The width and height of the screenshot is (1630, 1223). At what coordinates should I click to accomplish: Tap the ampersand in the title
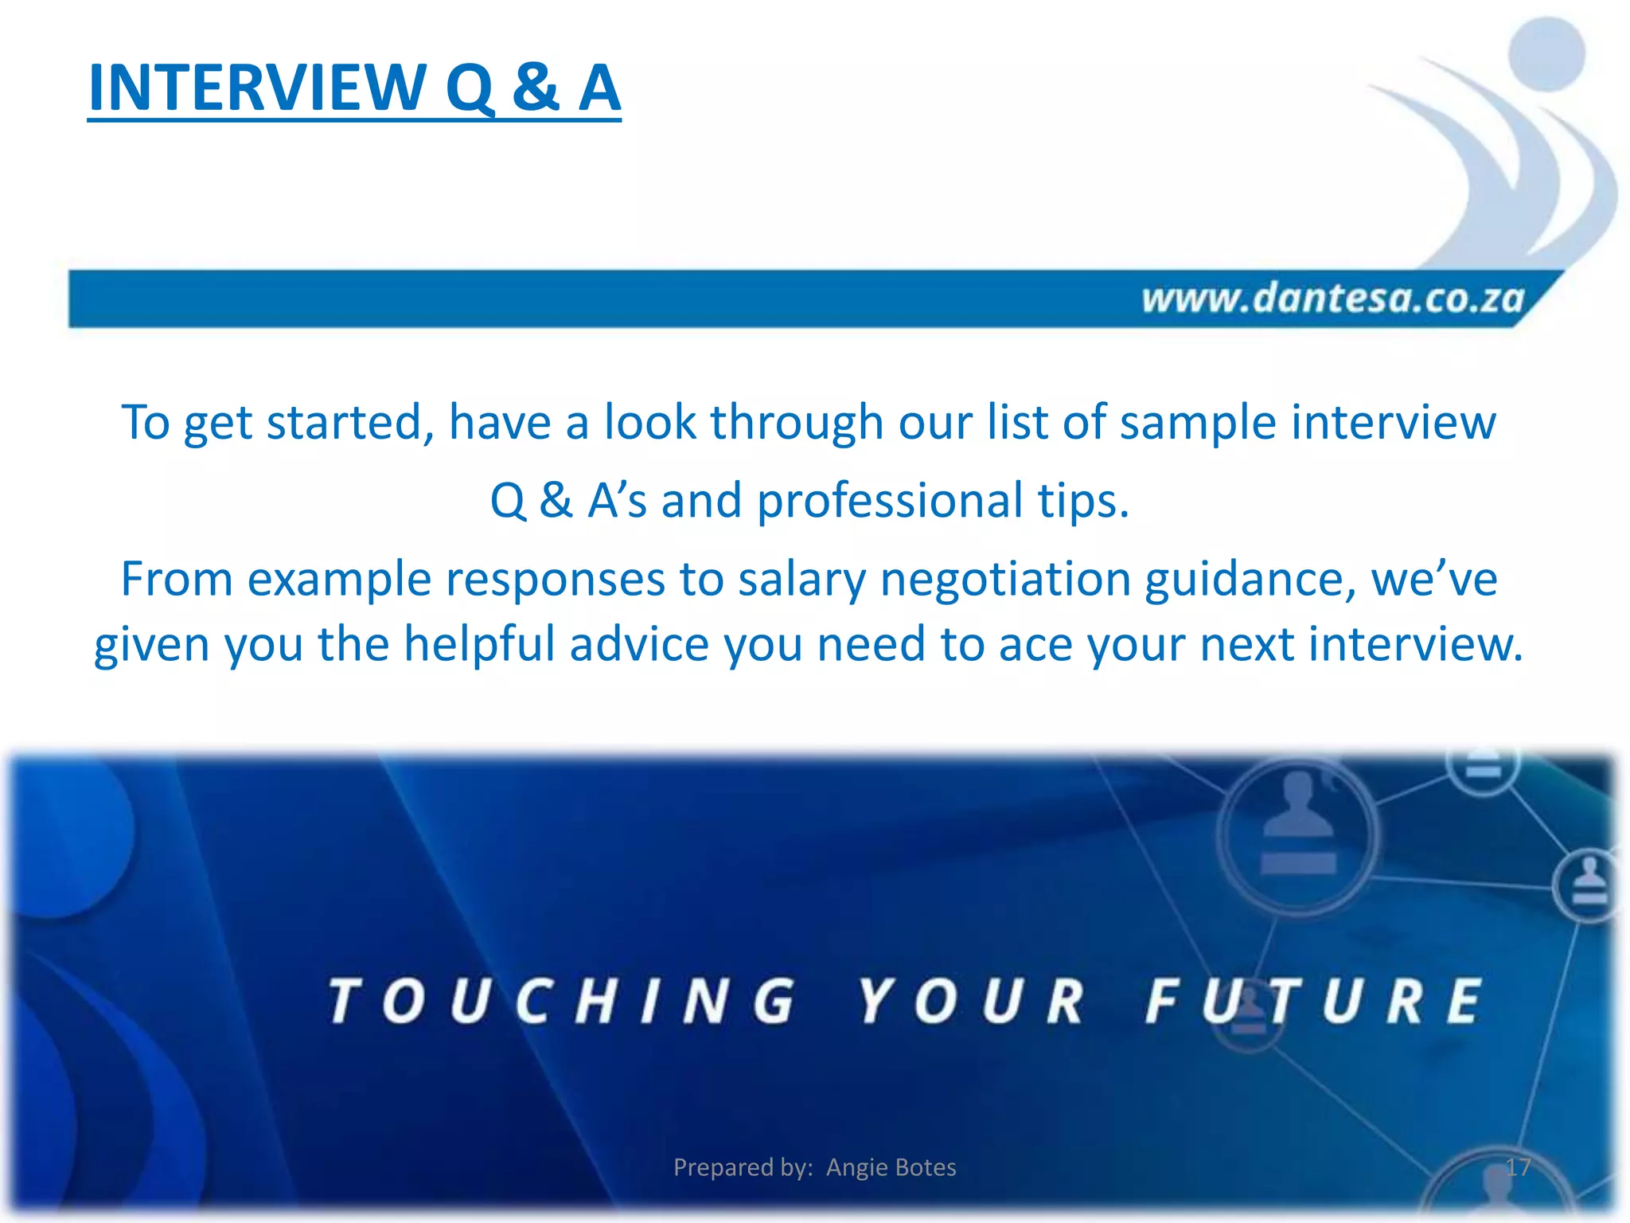tap(535, 88)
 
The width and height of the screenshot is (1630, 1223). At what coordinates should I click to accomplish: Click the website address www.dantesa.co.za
tap(1332, 299)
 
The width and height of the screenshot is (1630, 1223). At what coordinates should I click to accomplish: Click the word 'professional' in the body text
tap(889, 501)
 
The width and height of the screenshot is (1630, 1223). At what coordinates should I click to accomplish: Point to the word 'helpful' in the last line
tap(479, 643)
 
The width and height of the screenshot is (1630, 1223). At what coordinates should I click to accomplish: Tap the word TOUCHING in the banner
tap(562, 1001)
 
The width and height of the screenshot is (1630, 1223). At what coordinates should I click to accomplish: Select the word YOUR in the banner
tap(971, 1001)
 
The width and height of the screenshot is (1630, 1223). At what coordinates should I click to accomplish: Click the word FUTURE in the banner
tap(1313, 1001)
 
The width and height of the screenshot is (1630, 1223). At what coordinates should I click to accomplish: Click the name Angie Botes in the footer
tap(891, 1167)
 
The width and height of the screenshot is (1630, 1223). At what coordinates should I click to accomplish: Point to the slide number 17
tap(1518, 1167)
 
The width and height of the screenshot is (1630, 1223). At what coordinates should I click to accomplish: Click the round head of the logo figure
tap(1546, 54)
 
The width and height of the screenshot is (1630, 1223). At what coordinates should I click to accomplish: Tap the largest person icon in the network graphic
tap(1298, 832)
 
